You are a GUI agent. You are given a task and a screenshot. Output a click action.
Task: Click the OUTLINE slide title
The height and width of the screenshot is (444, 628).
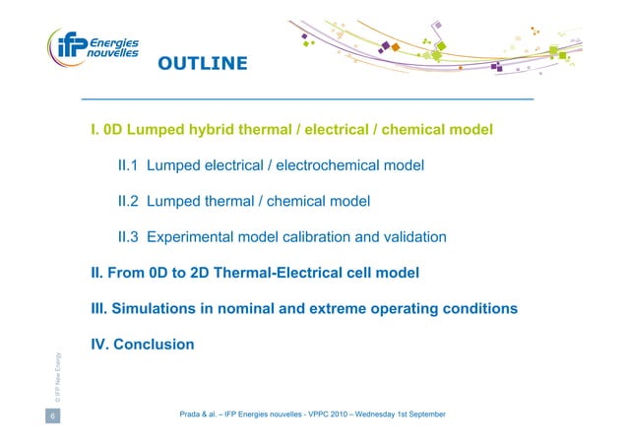(203, 65)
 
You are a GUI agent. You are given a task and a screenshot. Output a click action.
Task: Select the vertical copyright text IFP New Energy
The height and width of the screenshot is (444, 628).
(60, 378)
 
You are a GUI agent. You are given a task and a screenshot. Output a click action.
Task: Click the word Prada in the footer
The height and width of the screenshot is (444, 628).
(191, 416)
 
